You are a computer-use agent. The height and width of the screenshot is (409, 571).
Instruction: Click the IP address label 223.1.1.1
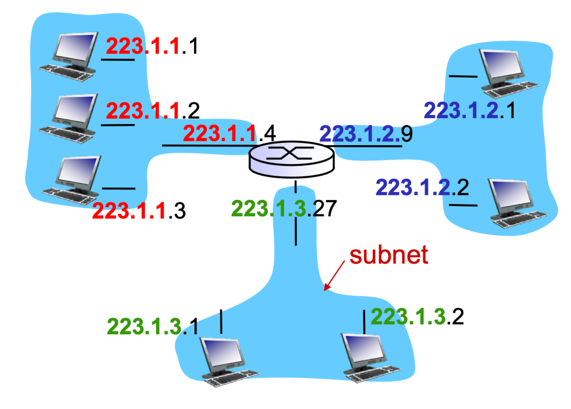[152, 46]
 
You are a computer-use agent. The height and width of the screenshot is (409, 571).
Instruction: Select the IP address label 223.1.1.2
[152, 110]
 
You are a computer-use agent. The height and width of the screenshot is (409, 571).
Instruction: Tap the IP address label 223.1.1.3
[139, 211]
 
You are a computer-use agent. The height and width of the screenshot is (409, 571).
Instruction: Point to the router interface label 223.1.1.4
[229, 133]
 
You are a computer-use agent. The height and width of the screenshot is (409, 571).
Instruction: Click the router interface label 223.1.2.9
[366, 134]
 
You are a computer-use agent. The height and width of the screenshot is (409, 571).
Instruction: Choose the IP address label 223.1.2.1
[469, 110]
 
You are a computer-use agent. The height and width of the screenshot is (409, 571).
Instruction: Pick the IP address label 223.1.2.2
[422, 187]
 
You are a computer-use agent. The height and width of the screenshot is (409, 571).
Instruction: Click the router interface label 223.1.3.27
[284, 209]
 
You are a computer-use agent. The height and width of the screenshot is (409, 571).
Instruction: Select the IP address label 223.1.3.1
[152, 326]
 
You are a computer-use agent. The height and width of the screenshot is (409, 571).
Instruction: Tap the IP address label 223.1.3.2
[417, 316]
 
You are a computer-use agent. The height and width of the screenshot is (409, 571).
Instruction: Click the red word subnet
[389, 255]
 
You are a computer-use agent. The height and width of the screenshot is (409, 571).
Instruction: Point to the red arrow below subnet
[334, 276]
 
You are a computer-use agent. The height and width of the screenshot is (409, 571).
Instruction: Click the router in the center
[291, 159]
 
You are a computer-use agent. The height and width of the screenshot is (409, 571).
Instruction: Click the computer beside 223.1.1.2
[70, 118]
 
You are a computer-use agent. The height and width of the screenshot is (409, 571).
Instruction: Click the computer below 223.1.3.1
[226, 361]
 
